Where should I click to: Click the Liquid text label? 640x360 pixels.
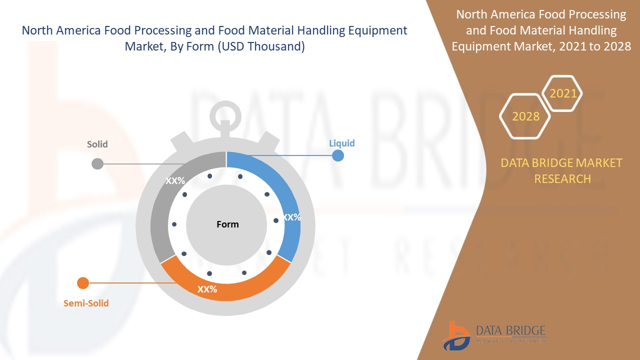[341, 143]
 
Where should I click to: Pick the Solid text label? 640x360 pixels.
[97, 144]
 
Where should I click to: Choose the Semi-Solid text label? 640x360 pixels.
[86, 303]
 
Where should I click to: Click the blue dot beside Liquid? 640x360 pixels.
[338, 155]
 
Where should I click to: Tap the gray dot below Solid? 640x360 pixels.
[97, 163]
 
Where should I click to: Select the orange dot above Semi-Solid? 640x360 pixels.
[83, 283]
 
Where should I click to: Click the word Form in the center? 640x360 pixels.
[227, 224]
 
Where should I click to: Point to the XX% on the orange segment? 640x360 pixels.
[207, 289]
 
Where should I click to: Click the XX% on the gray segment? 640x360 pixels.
[175, 181]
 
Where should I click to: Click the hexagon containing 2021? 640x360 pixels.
[562, 93]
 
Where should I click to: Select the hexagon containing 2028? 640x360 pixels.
[525, 116]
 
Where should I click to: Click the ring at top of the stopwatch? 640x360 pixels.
[225, 114]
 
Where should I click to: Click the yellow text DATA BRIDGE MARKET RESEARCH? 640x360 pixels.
[562, 170]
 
